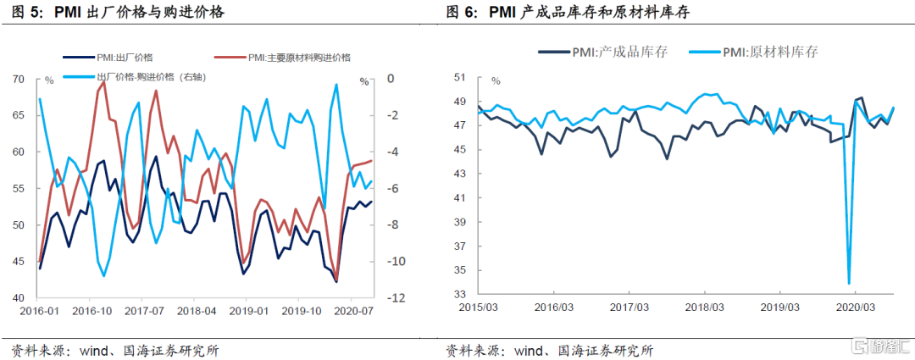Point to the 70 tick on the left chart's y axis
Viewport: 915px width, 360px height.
coord(17,79)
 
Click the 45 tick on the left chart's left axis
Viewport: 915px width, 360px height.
coord(17,262)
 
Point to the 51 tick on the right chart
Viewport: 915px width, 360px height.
coord(461,77)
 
